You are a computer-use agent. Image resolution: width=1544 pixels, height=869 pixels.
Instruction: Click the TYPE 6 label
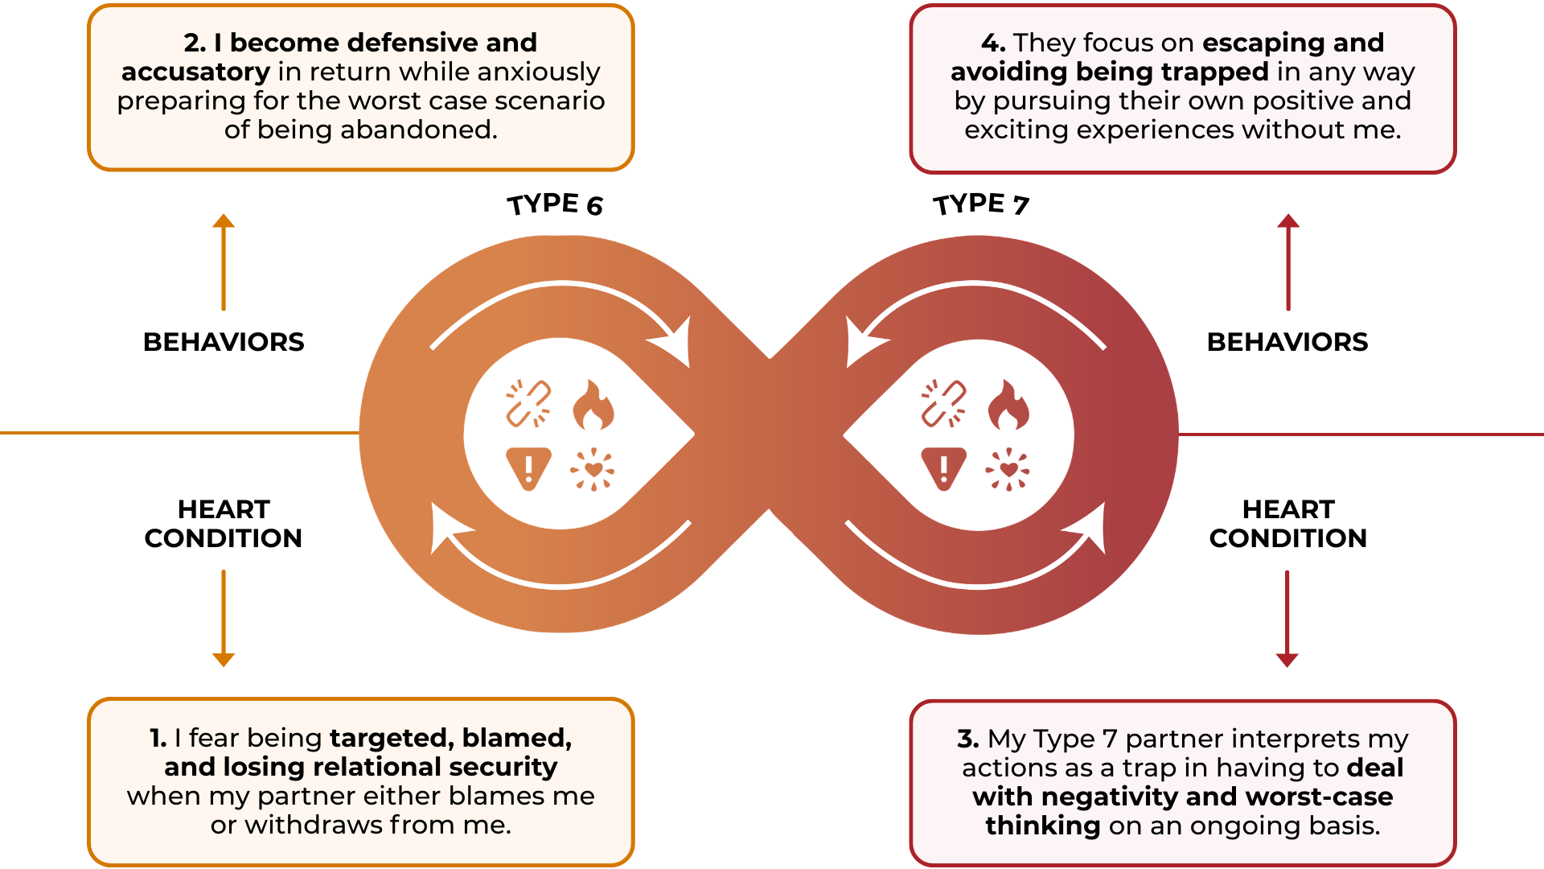[x=555, y=204]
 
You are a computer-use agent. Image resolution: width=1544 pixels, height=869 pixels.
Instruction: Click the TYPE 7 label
[x=981, y=204]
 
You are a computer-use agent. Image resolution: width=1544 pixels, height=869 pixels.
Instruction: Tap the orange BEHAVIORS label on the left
[x=224, y=342]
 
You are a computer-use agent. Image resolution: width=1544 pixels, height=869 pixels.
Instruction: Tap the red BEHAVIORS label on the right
[x=1287, y=342]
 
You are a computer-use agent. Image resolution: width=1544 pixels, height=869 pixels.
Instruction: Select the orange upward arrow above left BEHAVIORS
[x=224, y=262]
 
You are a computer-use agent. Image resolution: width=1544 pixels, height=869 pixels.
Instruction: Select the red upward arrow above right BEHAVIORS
[x=1288, y=262]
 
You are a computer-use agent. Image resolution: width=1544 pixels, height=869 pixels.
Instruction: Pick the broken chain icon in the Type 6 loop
[x=528, y=403]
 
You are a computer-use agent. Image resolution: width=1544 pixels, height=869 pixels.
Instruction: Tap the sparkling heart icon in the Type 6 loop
[x=593, y=469]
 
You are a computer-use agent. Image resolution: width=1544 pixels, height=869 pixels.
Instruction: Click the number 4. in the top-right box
[x=993, y=43]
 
